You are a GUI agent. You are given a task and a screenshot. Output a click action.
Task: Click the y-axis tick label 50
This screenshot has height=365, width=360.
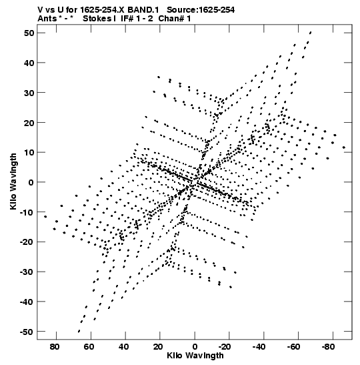click(x=29, y=33)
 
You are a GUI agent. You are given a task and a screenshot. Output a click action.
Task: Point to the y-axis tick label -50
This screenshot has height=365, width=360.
click(x=27, y=332)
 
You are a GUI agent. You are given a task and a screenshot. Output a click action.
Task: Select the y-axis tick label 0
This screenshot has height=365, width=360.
click(x=31, y=182)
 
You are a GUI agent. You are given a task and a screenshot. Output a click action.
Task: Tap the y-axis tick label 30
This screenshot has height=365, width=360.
click(x=29, y=93)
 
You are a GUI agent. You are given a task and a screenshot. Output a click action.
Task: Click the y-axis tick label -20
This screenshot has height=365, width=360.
click(x=27, y=242)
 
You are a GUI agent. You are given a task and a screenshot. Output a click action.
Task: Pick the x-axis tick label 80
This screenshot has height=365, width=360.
click(x=55, y=347)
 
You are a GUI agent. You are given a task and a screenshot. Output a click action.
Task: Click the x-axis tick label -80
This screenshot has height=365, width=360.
click(x=328, y=347)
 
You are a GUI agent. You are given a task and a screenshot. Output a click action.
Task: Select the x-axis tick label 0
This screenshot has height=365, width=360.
click(x=195, y=347)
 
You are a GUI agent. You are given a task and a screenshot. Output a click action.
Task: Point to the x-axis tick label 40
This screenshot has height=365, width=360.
click(x=123, y=347)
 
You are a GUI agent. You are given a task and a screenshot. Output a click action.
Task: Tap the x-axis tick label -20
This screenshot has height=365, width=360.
click(x=225, y=347)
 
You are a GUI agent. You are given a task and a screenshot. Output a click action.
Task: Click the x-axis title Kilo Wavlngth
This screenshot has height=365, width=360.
click(x=195, y=356)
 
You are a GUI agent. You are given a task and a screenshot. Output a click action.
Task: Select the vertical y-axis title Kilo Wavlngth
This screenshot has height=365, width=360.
click(x=13, y=181)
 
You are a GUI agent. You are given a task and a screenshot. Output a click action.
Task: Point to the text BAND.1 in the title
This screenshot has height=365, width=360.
click(x=143, y=10)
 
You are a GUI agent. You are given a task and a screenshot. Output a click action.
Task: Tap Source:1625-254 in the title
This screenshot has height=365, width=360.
click(x=201, y=10)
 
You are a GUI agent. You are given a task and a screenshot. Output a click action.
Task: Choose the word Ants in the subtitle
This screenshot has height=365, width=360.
click(x=47, y=19)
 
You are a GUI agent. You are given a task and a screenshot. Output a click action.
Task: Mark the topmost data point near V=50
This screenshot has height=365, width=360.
click(x=311, y=32)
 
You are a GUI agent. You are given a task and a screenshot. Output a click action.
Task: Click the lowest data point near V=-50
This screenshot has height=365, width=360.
click(x=79, y=331)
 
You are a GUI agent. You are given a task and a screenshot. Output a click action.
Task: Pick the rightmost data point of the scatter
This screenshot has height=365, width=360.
click(x=344, y=147)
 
